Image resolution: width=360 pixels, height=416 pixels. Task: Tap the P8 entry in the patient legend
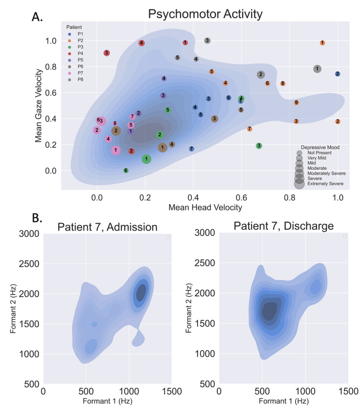81,79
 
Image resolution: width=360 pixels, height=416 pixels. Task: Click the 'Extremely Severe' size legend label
325,184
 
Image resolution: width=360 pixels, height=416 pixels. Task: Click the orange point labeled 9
297,103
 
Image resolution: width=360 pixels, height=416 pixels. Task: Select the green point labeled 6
126,171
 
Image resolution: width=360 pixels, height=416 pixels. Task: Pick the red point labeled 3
107,53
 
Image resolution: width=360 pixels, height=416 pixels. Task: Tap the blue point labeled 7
192,149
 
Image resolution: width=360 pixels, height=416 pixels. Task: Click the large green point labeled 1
146,159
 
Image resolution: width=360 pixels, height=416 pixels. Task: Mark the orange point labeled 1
323,43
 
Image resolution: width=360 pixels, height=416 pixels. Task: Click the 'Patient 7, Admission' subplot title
107,226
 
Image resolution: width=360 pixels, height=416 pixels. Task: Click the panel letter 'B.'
37,219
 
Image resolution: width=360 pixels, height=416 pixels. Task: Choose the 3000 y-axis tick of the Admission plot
28,233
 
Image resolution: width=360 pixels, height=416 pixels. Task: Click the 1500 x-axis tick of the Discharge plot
346,391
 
